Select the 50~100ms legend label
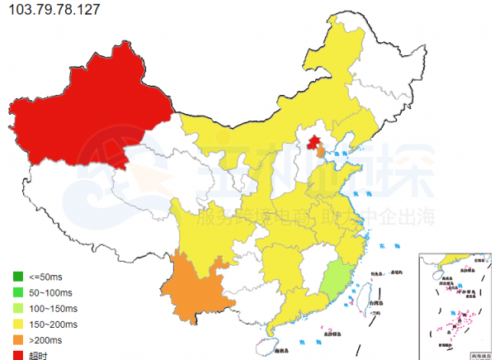point(53,292)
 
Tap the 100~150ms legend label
point(55,308)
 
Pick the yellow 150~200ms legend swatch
point(17,324)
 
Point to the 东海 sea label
point(383,245)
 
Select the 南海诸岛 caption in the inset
point(478,356)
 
